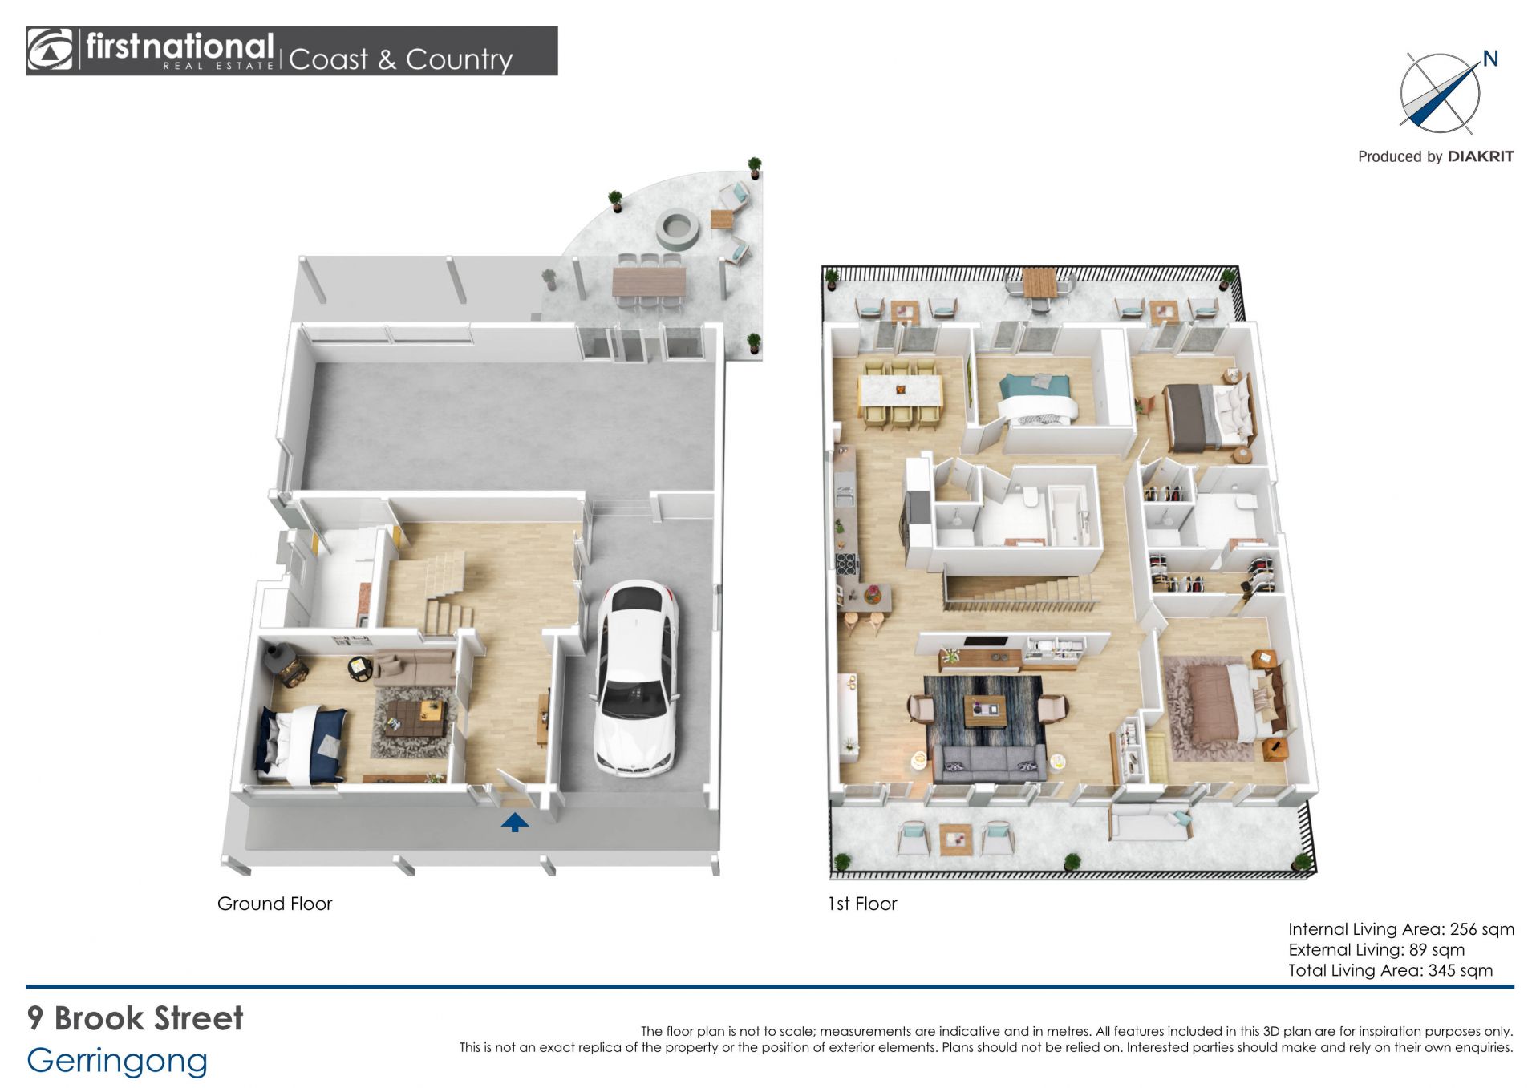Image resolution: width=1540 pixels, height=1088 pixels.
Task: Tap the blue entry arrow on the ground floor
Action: pyautogui.click(x=515, y=822)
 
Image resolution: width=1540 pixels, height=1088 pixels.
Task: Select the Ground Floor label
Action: pyautogui.click(x=274, y=904)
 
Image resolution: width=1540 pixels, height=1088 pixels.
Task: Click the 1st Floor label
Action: pyautogui.click(x=862, y=904)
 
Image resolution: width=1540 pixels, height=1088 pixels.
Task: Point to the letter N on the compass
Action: pyautogui.click(x=1490, y=59)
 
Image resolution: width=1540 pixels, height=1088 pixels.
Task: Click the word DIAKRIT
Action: pyautogui.click(x=1481, y=156)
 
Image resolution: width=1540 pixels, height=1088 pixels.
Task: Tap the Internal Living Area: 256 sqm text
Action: pyautogui.click(x=1401, y=929)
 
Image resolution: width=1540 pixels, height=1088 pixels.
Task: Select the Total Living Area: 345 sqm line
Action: pyautogui.click(x=1391, y=970)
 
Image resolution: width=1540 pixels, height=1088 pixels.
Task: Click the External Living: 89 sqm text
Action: pyautogui.click(x=1376, y=950)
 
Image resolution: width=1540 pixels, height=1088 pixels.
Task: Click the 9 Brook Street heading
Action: pyautogui.click(x=135, y=1018)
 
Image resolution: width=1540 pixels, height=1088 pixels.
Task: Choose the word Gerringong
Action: pyautogui.click(x=117, y=1061)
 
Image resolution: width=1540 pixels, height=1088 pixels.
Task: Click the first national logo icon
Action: pyautogui.click(x=50, y=51)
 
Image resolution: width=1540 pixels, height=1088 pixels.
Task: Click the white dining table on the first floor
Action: pyautogui.click(x=901, y=390)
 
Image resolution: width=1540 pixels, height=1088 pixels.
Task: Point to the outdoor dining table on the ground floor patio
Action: pyautogui.click(x=649, y=281)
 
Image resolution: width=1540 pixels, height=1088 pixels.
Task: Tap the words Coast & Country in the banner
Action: pyautogui.click(x=400, y=59)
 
